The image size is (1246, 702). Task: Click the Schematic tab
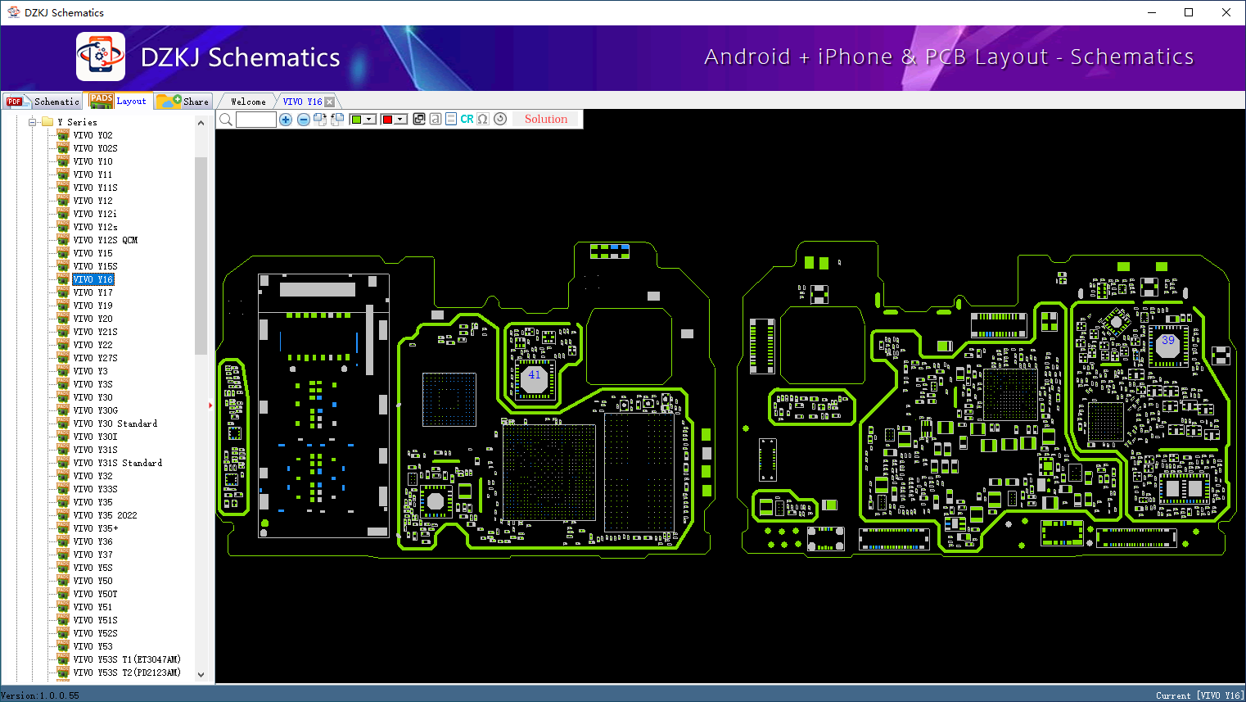[44, 102]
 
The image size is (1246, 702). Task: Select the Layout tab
[120, 101]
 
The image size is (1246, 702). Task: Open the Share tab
[184, 102]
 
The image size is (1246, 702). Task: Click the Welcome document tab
[248, 102]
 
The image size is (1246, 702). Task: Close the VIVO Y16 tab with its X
[330, 102]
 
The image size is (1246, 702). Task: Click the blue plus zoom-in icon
[286, 120]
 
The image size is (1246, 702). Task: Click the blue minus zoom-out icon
[304, 120]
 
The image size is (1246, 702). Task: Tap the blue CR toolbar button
[467, 120]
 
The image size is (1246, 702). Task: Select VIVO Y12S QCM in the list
[106, 240]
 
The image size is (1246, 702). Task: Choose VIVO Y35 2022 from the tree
[106, 515]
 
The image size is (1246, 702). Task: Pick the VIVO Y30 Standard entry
[115, 423]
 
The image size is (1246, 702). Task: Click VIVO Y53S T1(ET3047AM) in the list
[127, 659]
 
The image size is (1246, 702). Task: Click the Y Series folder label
[78, 122]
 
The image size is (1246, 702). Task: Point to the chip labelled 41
[535, 378]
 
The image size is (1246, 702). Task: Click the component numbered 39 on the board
[1167, 343]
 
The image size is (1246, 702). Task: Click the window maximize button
[1189, 12]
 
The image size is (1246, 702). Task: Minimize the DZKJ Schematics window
[1152, 12]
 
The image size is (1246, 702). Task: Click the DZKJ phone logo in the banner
[101, 57]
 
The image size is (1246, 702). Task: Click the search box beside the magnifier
[256, 120]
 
